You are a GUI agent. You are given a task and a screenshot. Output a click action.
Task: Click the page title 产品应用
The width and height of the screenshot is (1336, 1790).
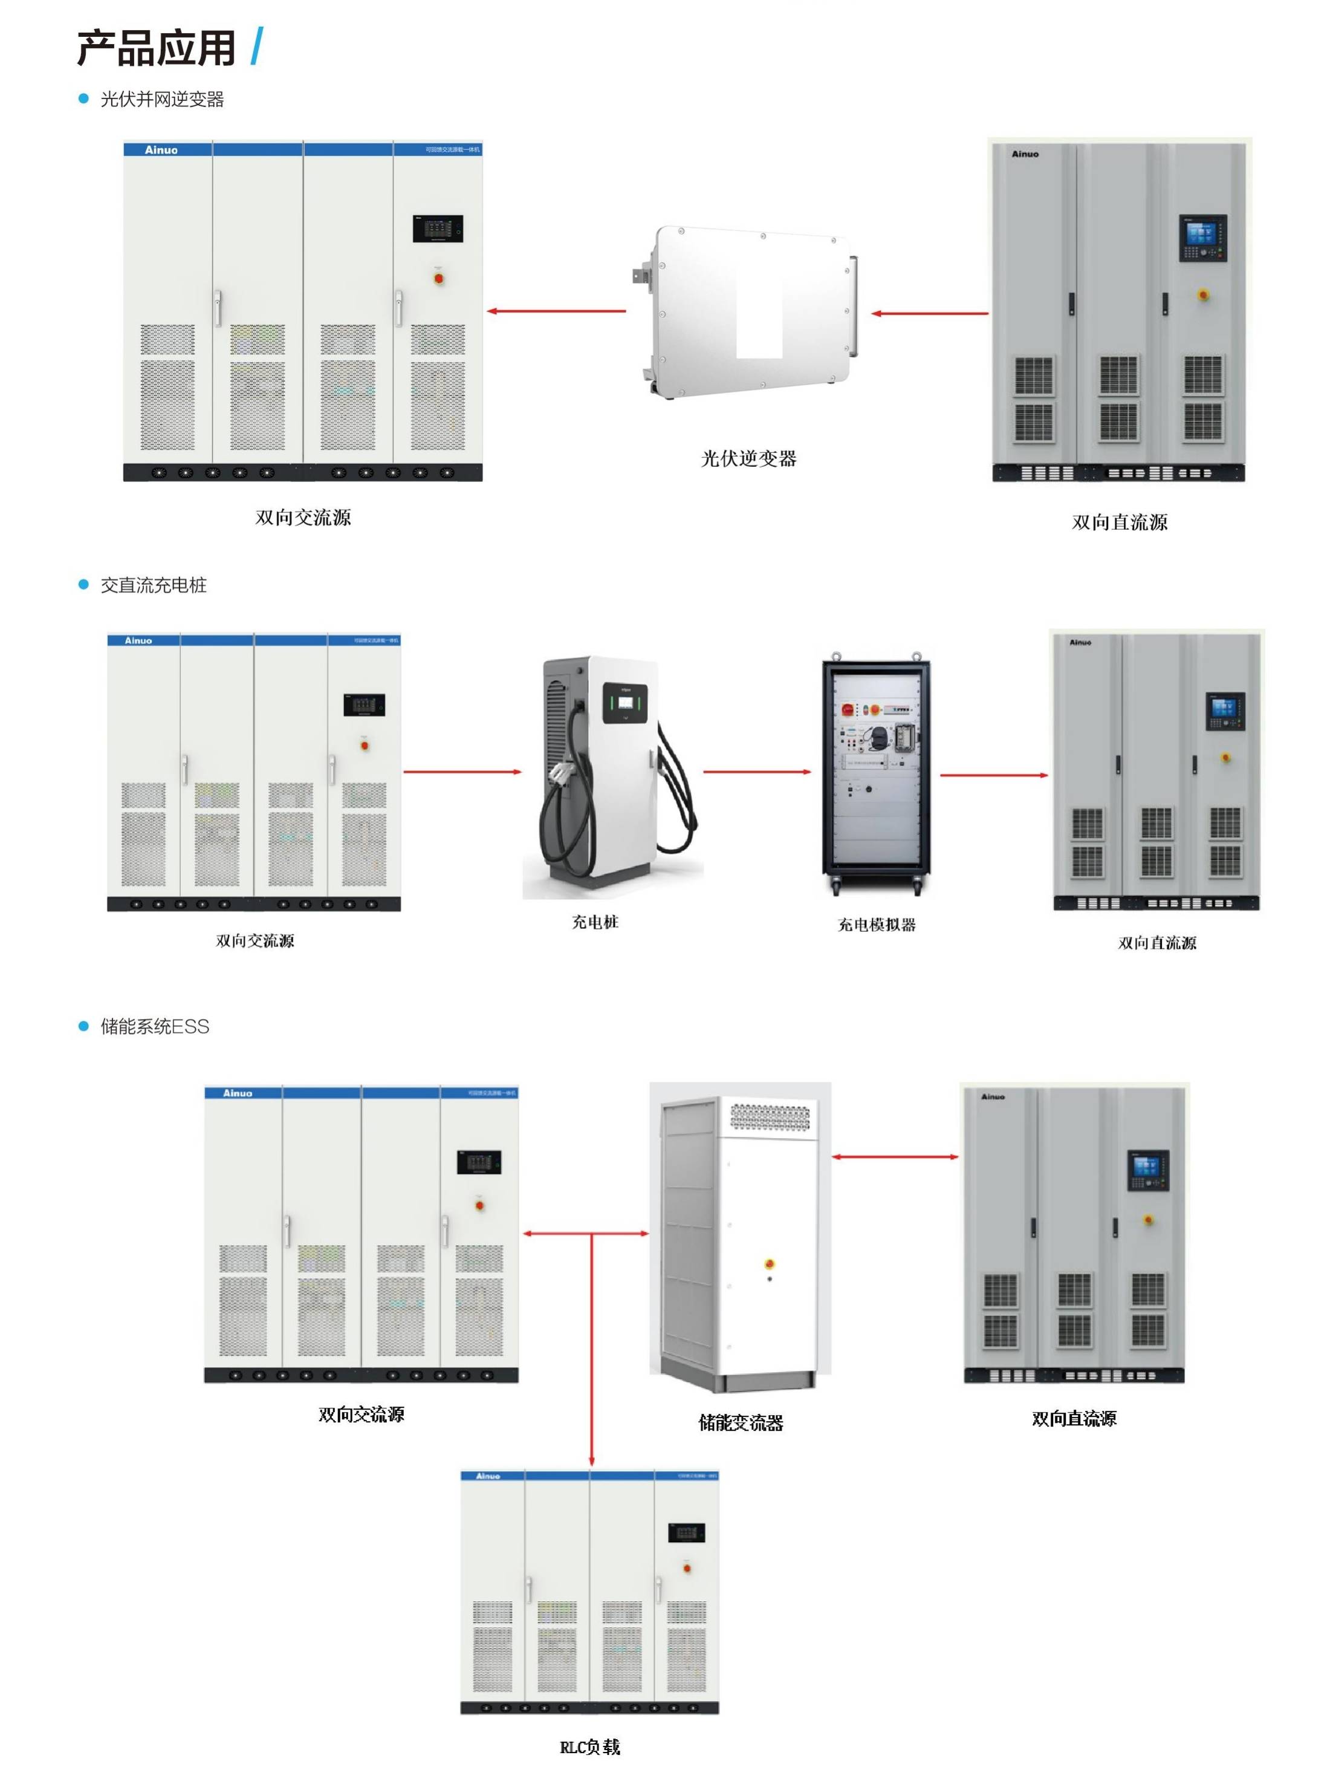coord(155,48)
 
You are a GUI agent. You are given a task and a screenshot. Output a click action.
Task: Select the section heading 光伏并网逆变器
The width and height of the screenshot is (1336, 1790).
coord(162,100)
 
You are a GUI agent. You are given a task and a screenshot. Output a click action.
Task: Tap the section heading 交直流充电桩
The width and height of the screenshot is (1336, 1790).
coord(153,585)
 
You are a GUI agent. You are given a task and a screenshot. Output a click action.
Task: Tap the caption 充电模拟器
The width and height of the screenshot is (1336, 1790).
coord(876,925)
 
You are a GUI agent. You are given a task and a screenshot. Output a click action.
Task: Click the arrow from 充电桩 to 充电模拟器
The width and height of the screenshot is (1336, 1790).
coord(756,772)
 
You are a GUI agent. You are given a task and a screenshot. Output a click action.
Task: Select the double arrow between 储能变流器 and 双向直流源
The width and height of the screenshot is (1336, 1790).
coord(895,1157)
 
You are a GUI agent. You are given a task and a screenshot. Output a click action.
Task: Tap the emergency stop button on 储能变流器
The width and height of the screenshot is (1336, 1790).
coord(769,1263)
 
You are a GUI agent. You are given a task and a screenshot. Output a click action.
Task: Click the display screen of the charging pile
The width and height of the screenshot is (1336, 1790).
coord(625,702)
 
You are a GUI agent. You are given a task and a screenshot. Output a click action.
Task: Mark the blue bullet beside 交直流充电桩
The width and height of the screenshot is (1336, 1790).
coord(82,585)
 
